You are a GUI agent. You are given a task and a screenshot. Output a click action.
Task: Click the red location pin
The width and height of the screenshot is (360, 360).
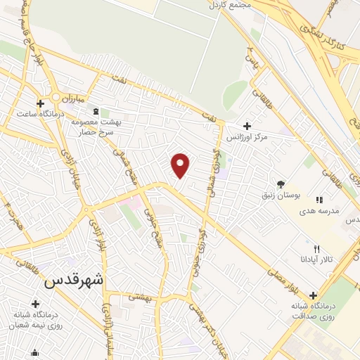point(181,165)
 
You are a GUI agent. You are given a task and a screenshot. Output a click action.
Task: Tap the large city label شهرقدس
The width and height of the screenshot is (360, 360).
point(73,280)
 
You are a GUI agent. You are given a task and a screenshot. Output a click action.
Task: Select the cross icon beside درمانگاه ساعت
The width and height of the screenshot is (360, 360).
point(41,103)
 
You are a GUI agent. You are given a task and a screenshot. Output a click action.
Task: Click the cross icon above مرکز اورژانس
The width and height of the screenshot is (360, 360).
point(247,125)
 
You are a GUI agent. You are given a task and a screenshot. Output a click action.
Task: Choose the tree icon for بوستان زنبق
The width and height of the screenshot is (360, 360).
point(281,184)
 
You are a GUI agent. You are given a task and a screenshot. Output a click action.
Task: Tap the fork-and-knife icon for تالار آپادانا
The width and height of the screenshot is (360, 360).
point(316,250)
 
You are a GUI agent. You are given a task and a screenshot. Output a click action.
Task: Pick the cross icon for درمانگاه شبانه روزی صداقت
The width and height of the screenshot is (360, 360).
point(312,296)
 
